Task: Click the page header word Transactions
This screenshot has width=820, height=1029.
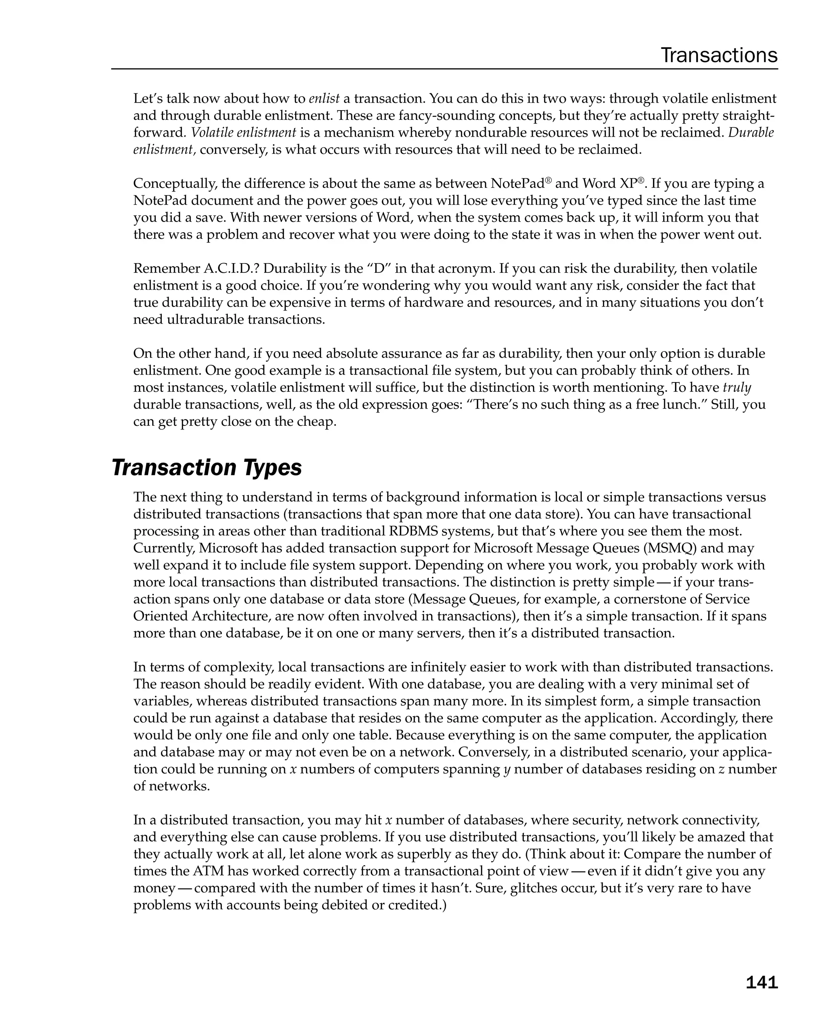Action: (718, 55)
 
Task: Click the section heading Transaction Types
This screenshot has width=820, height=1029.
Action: (207, 468)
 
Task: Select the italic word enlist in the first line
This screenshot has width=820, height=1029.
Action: (324, 99)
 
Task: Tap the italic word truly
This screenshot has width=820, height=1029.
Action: (737, 388)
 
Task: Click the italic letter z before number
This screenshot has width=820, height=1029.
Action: (721, 769)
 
